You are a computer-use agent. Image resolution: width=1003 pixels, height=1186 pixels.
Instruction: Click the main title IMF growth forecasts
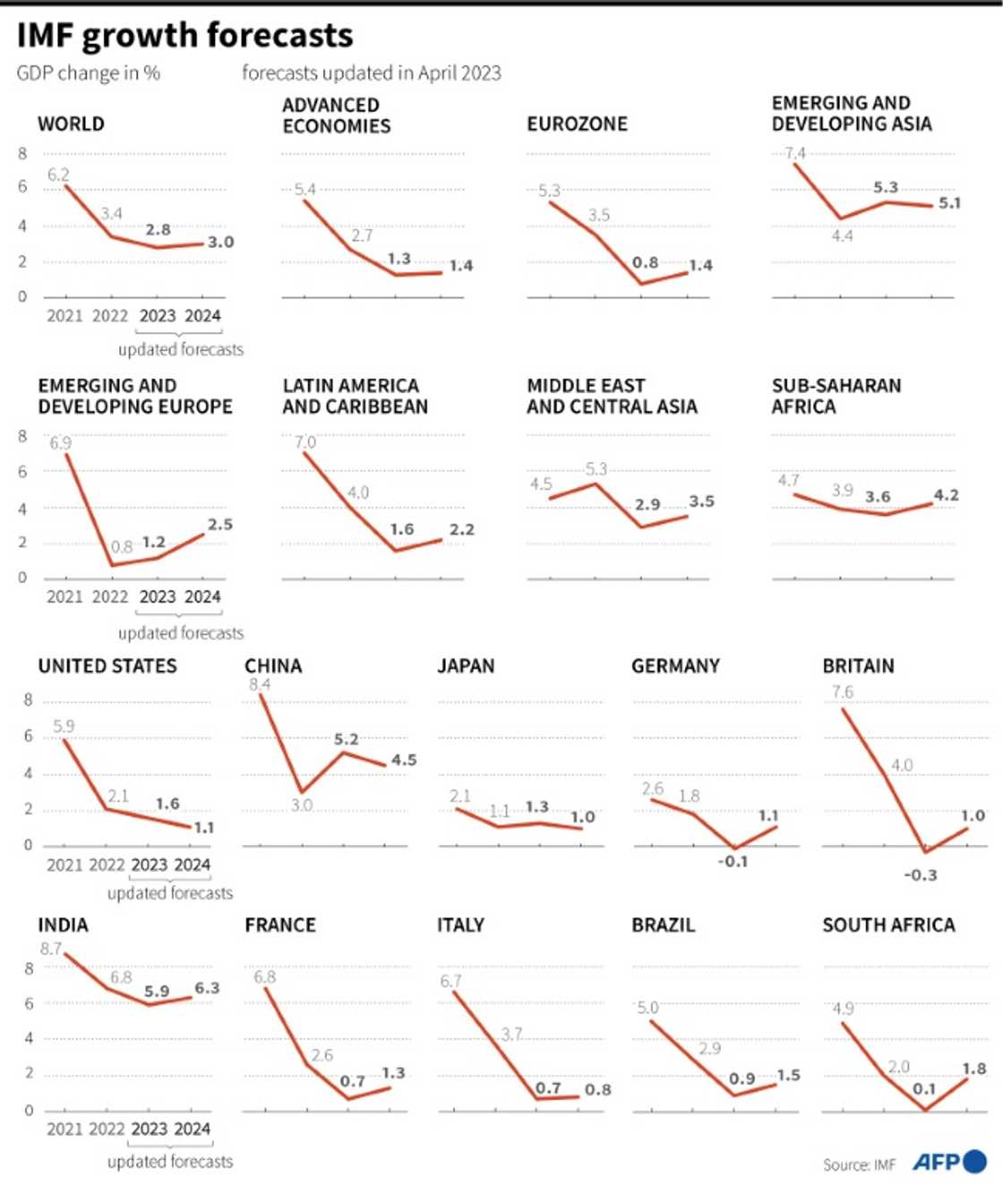coord(184,36)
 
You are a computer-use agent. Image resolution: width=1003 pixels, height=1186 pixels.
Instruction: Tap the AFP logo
coord(948,1162)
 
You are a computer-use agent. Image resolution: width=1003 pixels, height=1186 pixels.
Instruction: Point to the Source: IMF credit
coord(859,1165)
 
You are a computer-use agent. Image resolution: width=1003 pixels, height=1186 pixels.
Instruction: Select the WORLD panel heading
coord(71,124)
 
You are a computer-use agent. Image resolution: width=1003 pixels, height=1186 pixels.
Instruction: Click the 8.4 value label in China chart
coord(260,685)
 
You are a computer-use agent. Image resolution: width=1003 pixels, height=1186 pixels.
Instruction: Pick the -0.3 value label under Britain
coord(921,875)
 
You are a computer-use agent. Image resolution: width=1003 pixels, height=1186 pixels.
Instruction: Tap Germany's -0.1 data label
coord(733,861)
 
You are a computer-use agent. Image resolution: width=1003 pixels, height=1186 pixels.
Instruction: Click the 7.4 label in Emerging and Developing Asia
coord(795,153)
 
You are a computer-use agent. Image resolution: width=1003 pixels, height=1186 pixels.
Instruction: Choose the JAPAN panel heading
coord(466,666)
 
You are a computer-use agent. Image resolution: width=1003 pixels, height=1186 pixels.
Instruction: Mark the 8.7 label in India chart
coord(51,949)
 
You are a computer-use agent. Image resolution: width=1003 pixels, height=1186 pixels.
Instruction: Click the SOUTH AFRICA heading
coord(888,925)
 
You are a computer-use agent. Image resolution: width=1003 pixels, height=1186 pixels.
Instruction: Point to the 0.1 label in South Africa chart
coord(924,1088)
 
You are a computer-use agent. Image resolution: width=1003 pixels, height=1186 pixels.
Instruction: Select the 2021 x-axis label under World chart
coord(64,316)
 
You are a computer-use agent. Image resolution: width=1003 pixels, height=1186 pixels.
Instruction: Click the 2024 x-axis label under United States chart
coord(192,865)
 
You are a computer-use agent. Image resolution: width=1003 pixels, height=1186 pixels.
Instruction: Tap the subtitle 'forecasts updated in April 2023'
coord(371,73)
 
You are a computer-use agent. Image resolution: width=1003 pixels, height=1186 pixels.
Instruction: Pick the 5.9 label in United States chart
coord(64,726)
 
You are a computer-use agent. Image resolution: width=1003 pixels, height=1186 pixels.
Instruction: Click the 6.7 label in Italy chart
coord(450,981)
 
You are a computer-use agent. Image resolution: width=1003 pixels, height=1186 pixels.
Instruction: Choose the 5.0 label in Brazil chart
coord(647,1008)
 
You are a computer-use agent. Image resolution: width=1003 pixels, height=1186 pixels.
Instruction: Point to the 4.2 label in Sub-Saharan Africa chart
coord(946,495)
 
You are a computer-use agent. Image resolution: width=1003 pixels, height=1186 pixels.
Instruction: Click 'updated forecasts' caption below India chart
coord(170,1161)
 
